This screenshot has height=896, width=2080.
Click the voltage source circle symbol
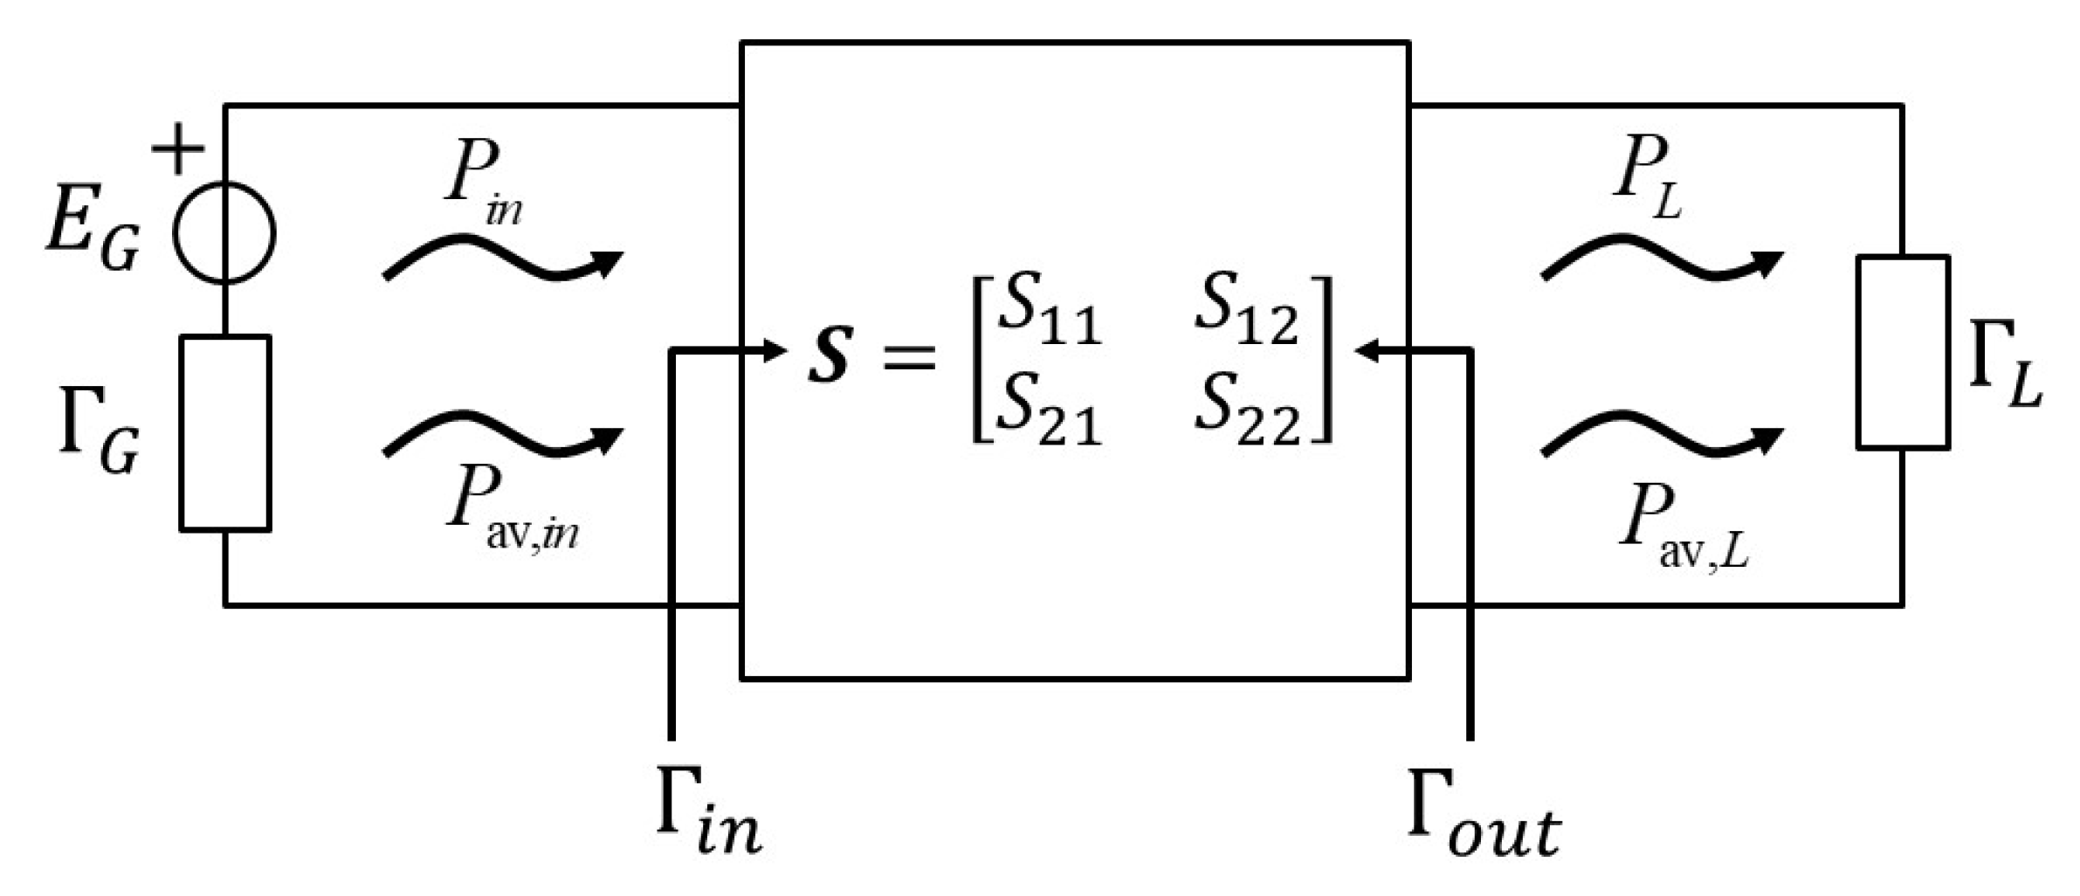pyautogui.click(x=224, y=232)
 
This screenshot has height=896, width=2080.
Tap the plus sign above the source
pyautogui.click(x=178, y=149)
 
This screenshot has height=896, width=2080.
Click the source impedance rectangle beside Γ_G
pyautogui.click(x=224, y=433)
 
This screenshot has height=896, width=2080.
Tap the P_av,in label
pyautogui.click(x=511, y=511)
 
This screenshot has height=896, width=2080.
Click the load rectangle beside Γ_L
pyautogui.click(x=1902, y=352)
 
